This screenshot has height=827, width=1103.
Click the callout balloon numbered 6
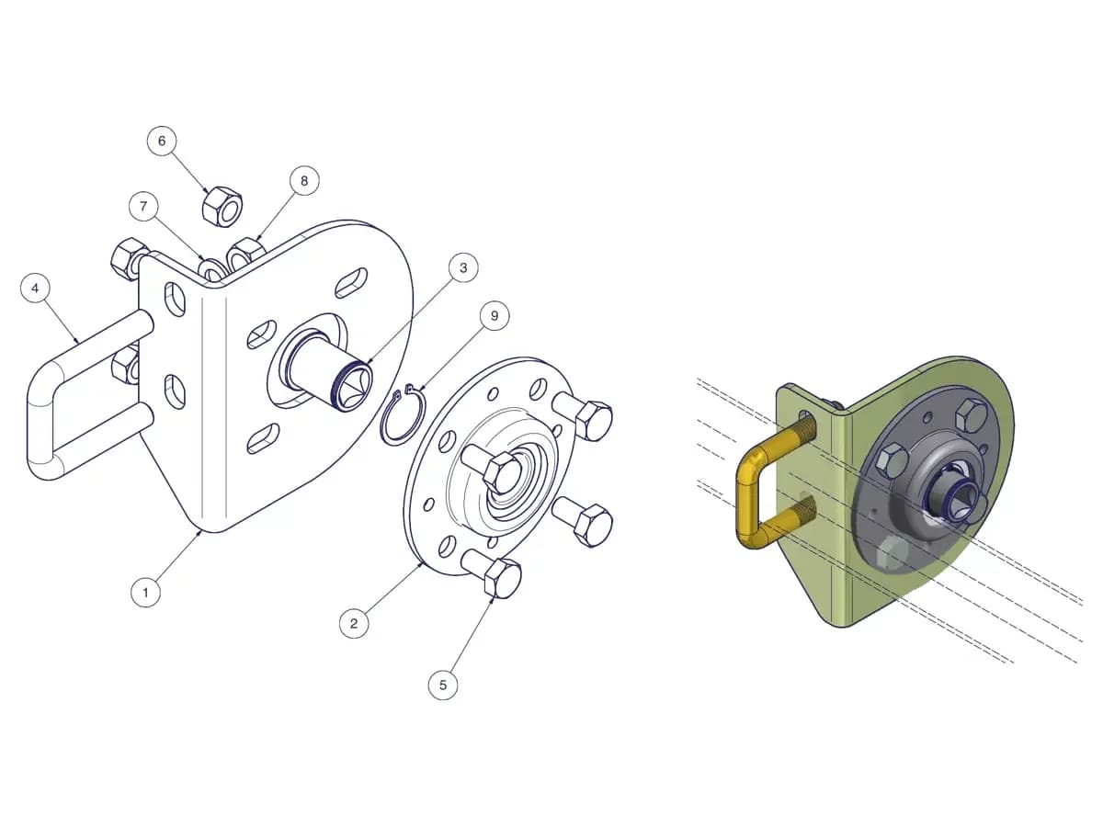(x=162, y=141)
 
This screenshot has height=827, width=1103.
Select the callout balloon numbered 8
(x=304, y=181)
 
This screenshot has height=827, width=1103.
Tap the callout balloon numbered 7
(x=143, y=207)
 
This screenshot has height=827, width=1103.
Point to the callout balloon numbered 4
(x=35, y=289)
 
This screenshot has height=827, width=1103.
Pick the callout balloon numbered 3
(x=463, y=267)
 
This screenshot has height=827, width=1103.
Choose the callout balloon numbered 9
(x=495, y=316)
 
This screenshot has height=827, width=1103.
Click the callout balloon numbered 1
(x=146, y=593)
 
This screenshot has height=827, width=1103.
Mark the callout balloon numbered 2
(x=354, y=624)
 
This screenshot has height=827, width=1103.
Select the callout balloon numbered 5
(x=443, y=685)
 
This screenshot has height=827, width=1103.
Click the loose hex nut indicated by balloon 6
(x=222, y=207)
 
